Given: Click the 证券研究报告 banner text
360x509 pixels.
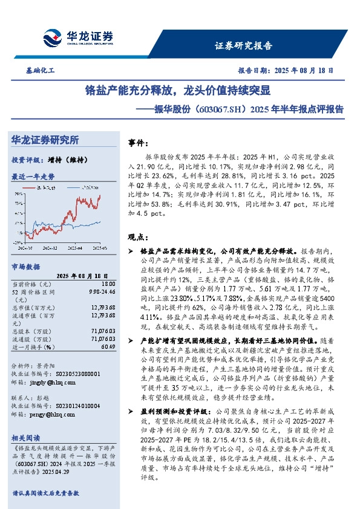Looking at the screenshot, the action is coord(244,45).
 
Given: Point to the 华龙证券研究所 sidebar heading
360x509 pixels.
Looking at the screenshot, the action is coord(45,140).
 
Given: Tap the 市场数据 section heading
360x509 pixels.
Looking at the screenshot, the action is coord(26,267).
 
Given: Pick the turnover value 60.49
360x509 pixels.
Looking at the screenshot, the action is coord(108,347).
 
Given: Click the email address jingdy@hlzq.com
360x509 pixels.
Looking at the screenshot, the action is coord(48,382).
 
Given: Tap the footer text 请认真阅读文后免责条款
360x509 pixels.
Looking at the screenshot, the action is coord(46,493).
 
